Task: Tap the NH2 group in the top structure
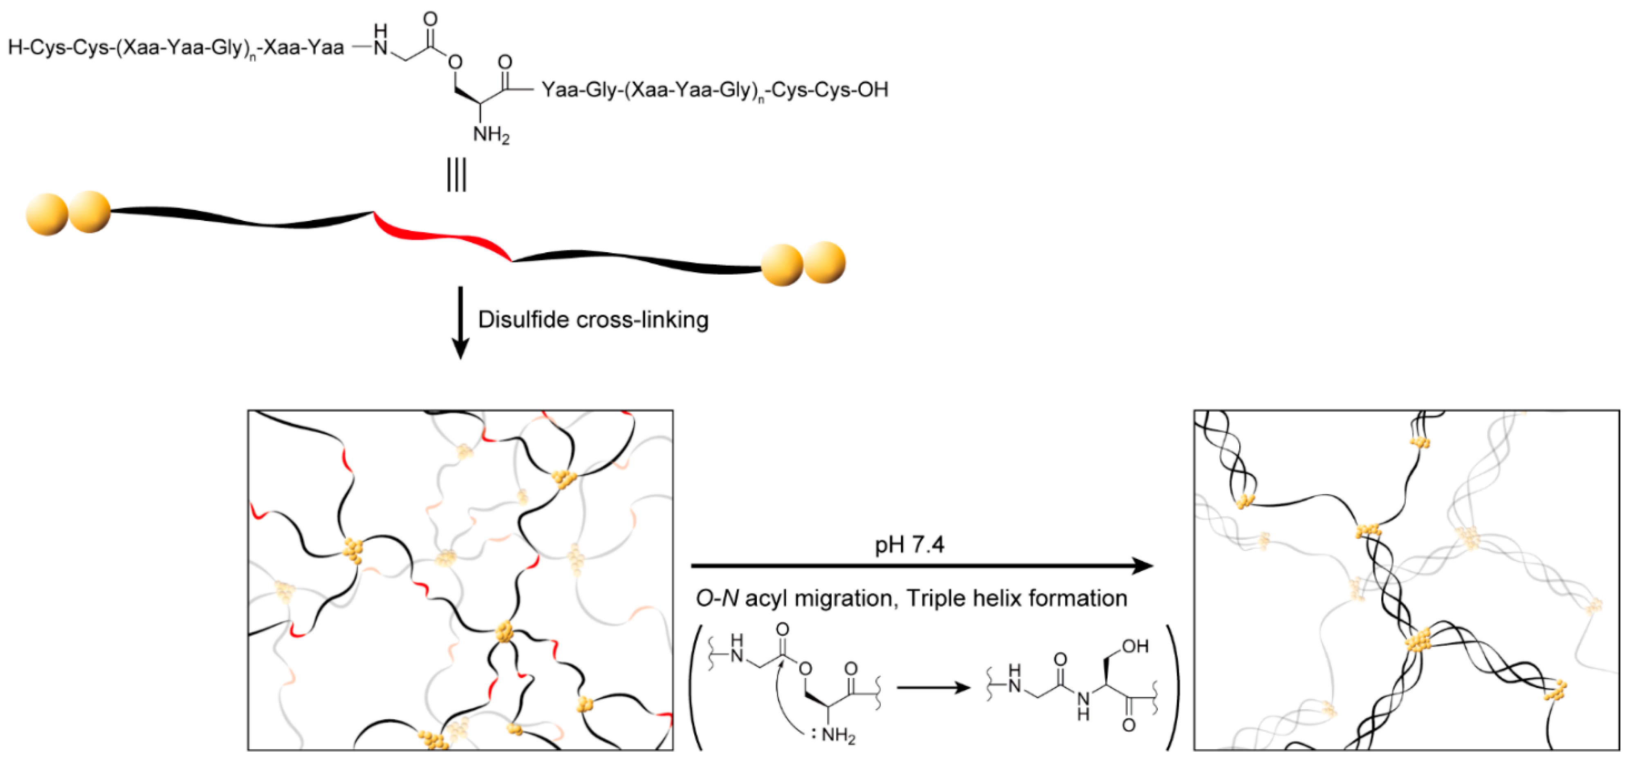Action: click(x=491, y=135)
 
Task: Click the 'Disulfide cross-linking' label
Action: click(x=593, y=320)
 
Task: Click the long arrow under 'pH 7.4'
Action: click(x=921, y=565)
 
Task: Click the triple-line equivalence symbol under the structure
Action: click(x=456, y=175)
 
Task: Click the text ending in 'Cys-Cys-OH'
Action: click(x=714, y=90)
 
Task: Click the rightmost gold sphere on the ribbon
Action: click(x=825, y=262)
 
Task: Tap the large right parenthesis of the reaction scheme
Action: click(x=1172, y=687)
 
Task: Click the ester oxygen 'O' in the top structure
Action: click(x=455, y=63)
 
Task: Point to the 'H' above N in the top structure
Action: click(x=380, y=31)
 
